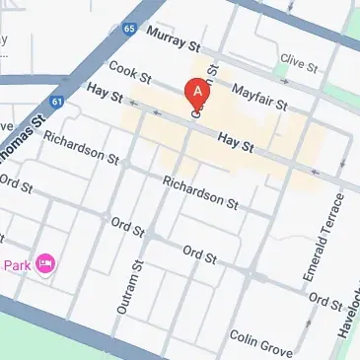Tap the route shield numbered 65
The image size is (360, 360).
tap(130, 30)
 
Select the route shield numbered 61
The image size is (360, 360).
tap(58, 101)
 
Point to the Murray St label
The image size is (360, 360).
tap(173, 39)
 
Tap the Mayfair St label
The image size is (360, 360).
tap(258, 96)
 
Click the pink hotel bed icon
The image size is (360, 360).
tap(45, 263)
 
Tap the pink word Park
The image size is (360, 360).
tap(16, 264)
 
